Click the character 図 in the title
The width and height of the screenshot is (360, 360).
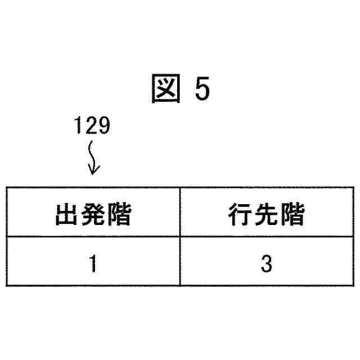pyautogui.click(x=165, y=89)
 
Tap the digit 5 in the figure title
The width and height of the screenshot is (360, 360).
pyautogui.click(x=202, y=90)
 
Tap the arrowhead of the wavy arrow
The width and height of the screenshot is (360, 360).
pyautogui.click(x=93, y=169)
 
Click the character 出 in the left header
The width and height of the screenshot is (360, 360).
pyautogui.click(x=67, y=214)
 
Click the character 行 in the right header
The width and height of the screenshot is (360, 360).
pyautogui.click(x=240, y=214)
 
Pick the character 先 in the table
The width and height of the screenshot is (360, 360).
pyautogui.click(x=267, y=214)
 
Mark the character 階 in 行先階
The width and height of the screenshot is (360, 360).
pyautogui.click(x=292, y=214)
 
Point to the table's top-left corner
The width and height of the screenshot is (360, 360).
pyautogui.click(x=7, y=187)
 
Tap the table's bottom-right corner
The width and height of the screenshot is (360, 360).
pyautogui.click(x=353, y=286)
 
